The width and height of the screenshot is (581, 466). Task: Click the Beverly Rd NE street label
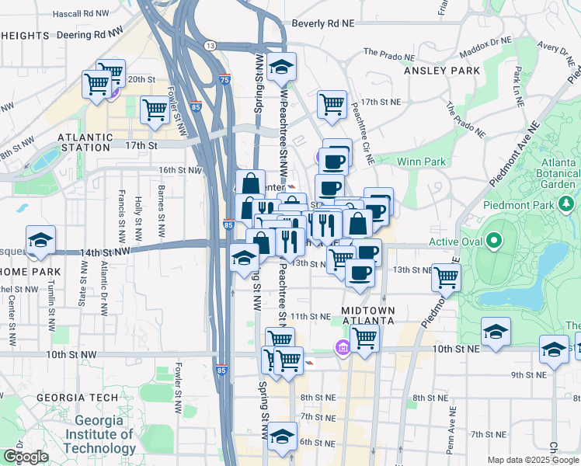[x=322, y=24]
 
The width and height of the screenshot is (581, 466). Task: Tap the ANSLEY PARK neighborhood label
[x=442, y=71]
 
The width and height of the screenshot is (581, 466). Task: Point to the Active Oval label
[x=455, y=242]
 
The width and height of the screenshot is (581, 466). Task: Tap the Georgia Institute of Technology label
[x=99, y=434]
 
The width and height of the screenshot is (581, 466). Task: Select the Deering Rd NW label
[x=90, y=34]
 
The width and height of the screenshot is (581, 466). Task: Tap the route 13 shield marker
[x=210, y=47]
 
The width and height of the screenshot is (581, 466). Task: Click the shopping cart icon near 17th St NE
[x=332, y=104]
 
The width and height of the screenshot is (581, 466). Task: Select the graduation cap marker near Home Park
[x=40, y=239]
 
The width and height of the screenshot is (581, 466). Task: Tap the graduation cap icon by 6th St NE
[x=283, y=435]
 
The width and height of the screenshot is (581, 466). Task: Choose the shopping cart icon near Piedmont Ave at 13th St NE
[x=446, y=276]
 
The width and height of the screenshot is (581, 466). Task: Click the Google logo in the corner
[x=26, y=457]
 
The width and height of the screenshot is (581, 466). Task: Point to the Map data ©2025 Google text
[x=532, y=460]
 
